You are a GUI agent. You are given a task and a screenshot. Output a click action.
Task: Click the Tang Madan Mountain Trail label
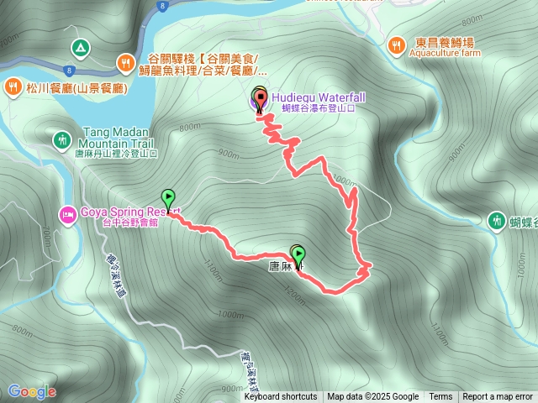click(x=117, y=138)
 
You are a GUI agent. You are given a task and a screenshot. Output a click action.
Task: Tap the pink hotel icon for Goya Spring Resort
click(x=67, y=212)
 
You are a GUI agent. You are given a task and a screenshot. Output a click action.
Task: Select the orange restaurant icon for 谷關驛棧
click(x=125, y=61)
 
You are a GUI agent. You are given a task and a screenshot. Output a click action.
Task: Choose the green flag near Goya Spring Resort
click(x=168, y=199)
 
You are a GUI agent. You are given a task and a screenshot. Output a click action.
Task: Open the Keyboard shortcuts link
click(x=281, y=397)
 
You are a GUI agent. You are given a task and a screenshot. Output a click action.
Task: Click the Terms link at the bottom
click(x=440, y=397)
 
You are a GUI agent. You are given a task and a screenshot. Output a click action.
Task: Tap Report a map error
click(x=498, y=397)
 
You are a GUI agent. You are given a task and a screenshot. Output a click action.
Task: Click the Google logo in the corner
click(x=31, y=391)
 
